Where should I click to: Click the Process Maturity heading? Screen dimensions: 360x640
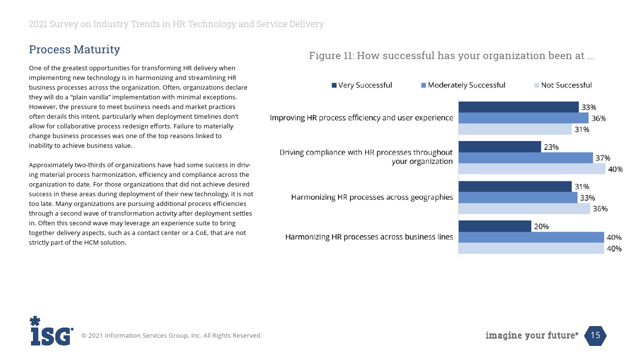(x=74, y=49)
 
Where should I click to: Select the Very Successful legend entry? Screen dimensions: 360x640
(x=362, y=85)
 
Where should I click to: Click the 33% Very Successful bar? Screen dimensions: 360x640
(x=518, y=107)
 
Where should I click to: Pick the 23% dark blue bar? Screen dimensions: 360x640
(x=499, y=147)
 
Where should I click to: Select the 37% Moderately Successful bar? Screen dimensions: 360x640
(x=526, y=158)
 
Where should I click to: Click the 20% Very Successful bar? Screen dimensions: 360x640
(x=495, y=226)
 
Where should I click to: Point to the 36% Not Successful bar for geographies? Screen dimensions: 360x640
(x=524, y=209)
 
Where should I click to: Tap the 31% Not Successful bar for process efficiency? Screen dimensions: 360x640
(x=515, y=129)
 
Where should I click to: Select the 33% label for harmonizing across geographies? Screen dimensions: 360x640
(x=587, y=198)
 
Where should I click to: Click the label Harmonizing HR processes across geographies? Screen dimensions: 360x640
(x=372, y=197)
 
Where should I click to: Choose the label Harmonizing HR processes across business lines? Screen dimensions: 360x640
(x=369, y=237)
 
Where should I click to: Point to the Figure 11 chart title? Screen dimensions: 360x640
(x=451, y=56)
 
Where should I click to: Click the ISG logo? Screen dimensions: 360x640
(x=51, y=331)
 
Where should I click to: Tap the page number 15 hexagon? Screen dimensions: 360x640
(x=595, y=335)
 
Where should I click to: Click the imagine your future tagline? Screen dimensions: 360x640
(x=531, y=335)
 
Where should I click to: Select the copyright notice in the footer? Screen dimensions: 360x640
(x=171, y=335)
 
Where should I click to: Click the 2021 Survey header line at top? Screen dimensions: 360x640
(x=176, y=24)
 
